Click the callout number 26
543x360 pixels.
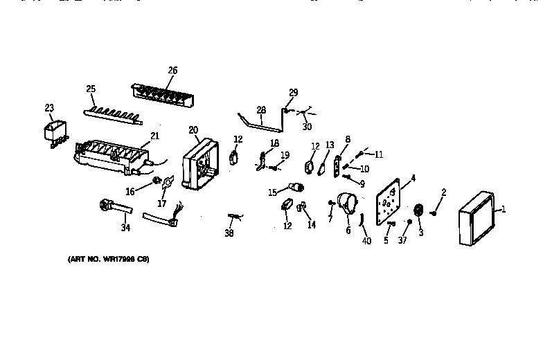coord(172,70)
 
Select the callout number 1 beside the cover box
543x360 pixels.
coord(503,210)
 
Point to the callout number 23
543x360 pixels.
coord(48,107)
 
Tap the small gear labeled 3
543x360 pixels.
coord(418,211)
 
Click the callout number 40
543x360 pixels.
coord(366,241)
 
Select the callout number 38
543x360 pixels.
coord(229,234)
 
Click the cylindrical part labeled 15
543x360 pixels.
coord(296,188)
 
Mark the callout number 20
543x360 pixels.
coord(193,129)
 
